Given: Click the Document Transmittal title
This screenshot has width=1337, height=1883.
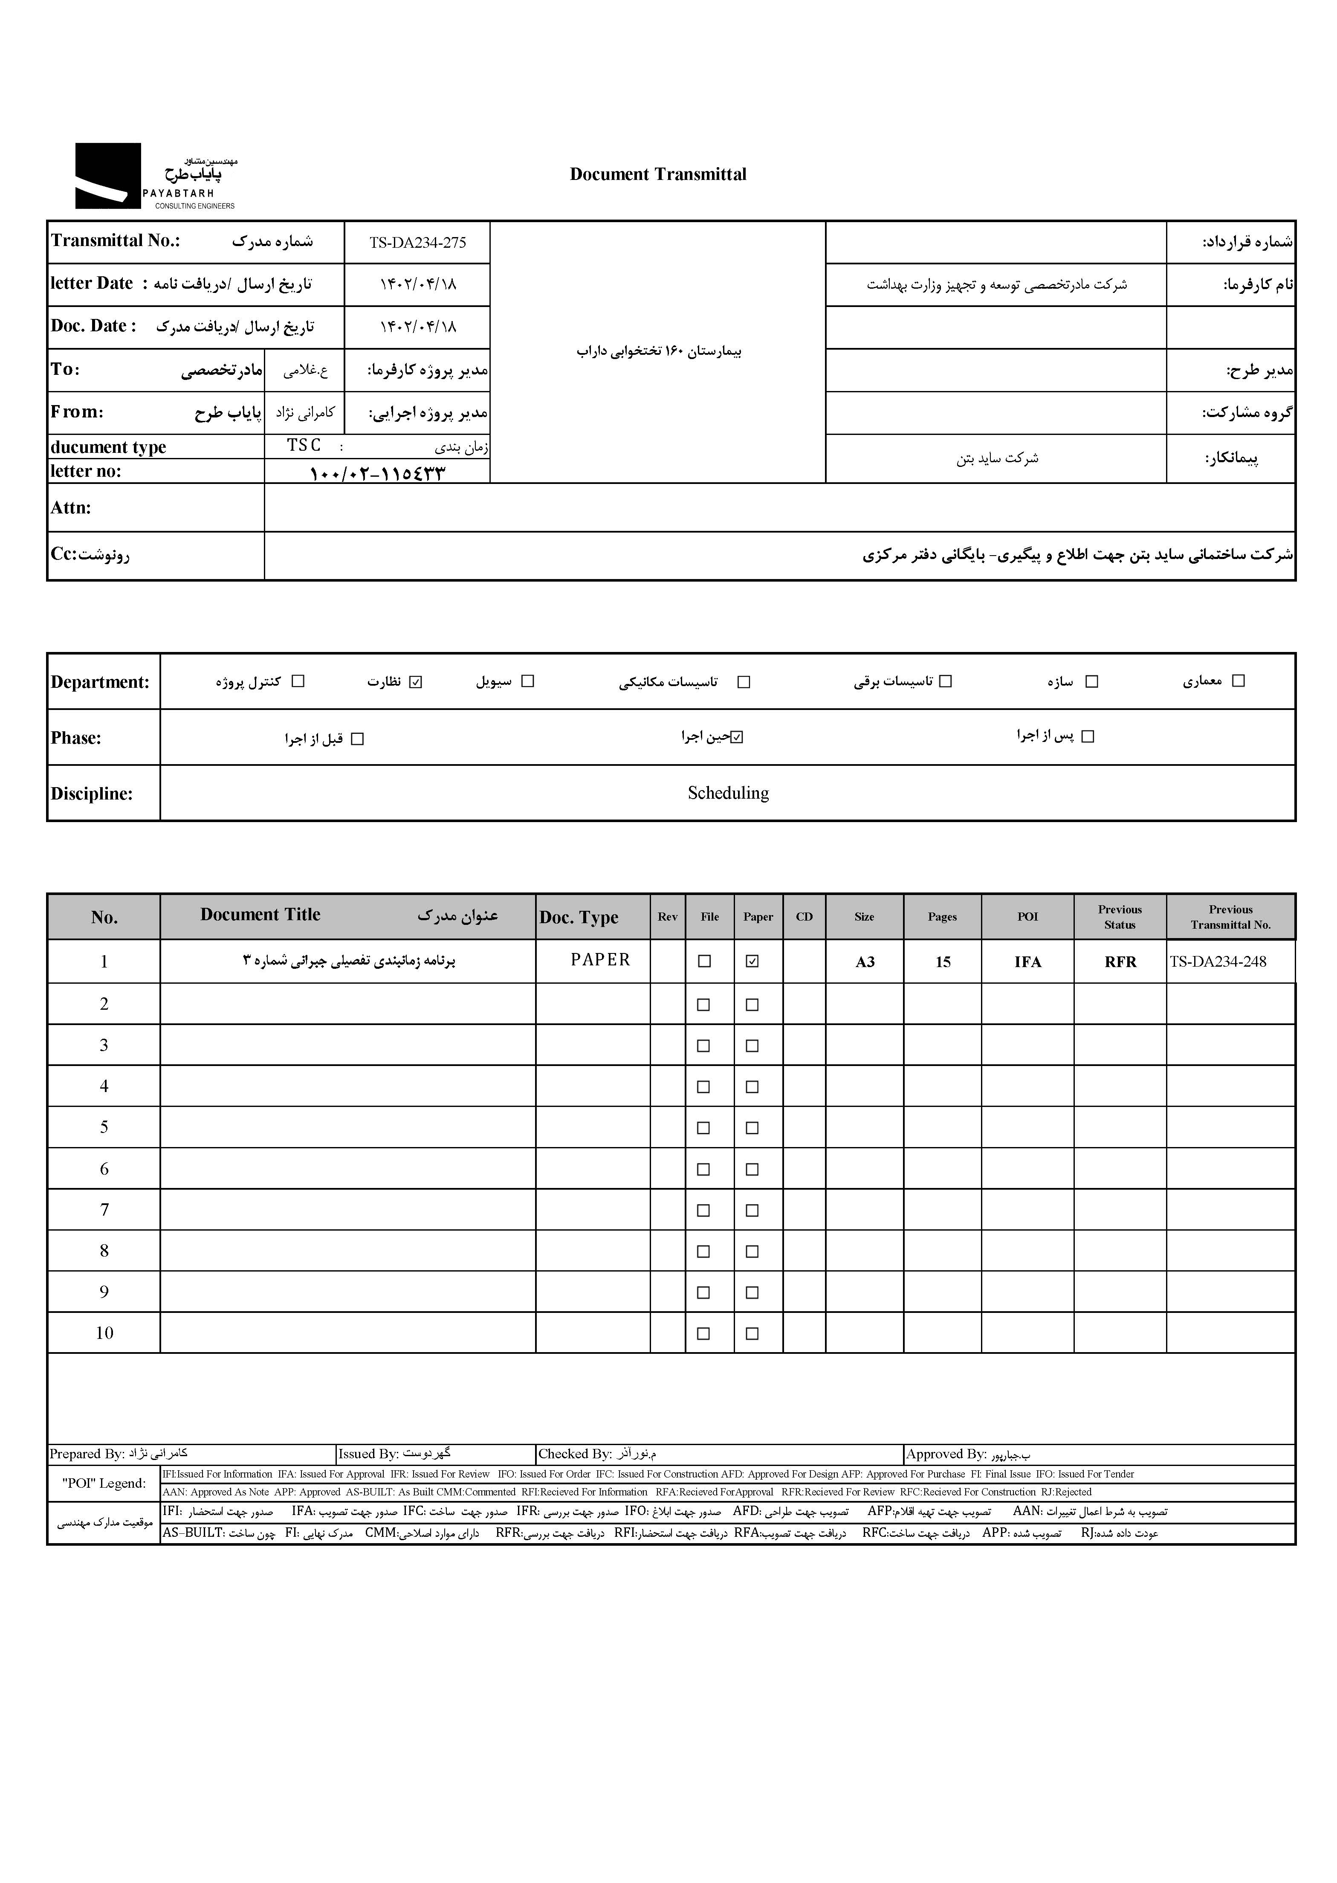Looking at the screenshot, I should click(x=658, y=174).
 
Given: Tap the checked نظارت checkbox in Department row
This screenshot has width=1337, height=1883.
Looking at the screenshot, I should click(x=416, y=682).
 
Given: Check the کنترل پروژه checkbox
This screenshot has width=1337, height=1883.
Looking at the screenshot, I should click(x=298, y=682).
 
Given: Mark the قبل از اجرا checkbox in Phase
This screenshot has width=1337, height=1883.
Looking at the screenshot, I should click(x=357, y=739).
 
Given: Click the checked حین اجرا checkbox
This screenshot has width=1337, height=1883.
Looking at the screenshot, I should click(x=737, y=738).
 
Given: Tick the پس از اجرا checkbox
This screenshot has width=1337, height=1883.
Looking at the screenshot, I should click(x=1088, y=737).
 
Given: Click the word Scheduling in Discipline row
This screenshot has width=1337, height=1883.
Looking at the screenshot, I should click(x=728, y=793).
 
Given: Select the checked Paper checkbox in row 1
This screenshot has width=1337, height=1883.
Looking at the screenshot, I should click(x=752, y=961).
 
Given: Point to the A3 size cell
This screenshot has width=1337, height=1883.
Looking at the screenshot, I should click(x=865, y=962).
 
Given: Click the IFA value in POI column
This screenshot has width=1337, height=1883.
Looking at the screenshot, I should click(x=1027, y=962).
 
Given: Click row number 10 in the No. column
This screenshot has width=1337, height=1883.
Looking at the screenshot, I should click(x=104, y=1333).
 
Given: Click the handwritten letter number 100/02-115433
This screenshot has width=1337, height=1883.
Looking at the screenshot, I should click(x=377, y=473).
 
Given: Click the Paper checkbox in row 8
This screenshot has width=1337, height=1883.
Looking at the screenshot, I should click(x=752, y=1251).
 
